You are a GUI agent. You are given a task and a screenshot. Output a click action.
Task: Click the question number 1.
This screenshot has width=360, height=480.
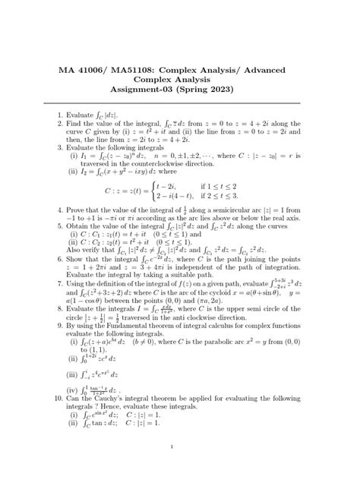pyautogui.click(x=59, y=114)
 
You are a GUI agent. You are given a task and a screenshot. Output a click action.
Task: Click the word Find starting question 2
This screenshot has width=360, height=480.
pyautogui.click(x=74, y=123)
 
